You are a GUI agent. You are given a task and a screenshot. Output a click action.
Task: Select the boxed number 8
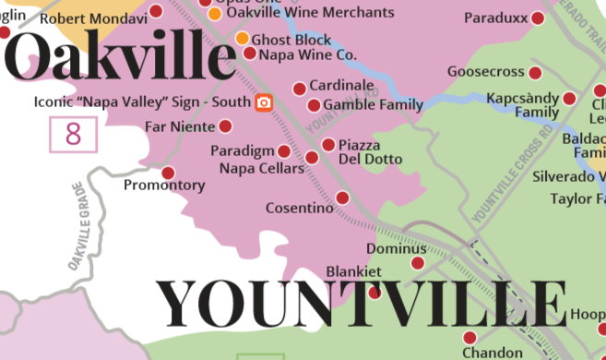coord(73,135)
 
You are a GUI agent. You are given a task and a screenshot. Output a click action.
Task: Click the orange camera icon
coord(265,102)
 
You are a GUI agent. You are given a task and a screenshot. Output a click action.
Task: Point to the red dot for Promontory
coord(168,173)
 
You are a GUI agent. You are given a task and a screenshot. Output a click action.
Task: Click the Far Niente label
coord(180,126)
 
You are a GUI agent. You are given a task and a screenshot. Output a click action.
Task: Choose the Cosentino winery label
coord(299,209)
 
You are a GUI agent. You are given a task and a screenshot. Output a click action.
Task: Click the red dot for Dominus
coord(417,263)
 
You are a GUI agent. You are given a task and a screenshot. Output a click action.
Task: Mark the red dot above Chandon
coord(469,338)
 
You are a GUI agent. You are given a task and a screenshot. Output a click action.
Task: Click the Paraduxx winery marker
coord(539,18)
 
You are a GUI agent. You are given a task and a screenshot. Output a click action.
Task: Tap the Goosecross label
coord(485,72)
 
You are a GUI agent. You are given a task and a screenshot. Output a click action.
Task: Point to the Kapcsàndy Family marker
coord(569,98)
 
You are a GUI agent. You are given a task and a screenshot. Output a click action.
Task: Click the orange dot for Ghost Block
coord(242,39)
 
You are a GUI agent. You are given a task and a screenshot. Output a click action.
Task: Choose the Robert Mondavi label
coord(93,18)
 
